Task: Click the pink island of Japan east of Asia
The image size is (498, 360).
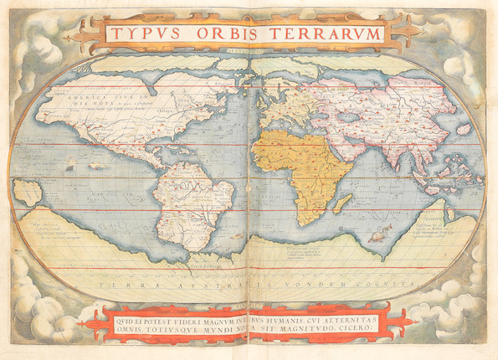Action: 463,130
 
